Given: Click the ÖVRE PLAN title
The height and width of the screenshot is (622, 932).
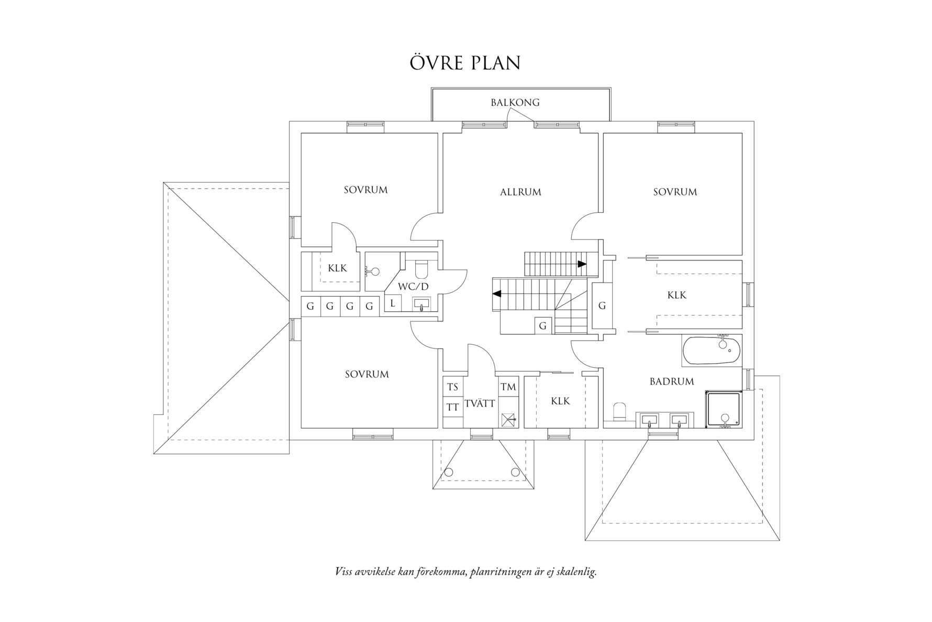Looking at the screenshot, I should pyautogui.click(x=465, y=62).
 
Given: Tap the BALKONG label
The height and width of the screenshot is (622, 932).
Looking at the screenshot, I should pyautogui.click(x=515, y=102).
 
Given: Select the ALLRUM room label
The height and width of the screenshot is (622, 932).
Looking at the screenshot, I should pyautogui.click(x=520, y=192).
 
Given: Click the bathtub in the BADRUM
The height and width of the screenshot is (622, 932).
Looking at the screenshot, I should pyautogui.click(x=712, y=351).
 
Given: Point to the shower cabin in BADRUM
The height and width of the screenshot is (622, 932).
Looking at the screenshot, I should pyautogui.click(x=723, y=409).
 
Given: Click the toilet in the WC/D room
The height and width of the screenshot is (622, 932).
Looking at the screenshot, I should pyautogui.click(x=421, y=269).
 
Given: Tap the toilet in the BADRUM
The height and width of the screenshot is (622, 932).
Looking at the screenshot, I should pyautogui.click(x=619, y=411).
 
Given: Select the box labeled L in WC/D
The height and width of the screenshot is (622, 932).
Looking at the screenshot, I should pyautogui.click(x=393, y=303).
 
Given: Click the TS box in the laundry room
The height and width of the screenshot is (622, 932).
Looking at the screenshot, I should pyautogui.click(x=453, y=387).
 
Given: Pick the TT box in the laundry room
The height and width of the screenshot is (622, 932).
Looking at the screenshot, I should pyautogui.click(x=453, y=407).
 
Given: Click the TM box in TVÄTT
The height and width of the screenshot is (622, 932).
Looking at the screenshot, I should pyautogui.click(x=508, y=387).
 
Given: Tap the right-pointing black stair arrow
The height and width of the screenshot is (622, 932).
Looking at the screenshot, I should pyautogui.click(x=582, y=264).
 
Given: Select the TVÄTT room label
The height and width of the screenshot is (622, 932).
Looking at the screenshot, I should pyautogui.click(x=480, y=404).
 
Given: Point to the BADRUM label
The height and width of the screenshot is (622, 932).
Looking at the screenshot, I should pyautogui.click(x=672, y=381).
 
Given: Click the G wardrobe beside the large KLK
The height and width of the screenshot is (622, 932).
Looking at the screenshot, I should pyautogui.click(x=602, y=305).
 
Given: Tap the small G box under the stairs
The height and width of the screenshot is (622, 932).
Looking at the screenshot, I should pyautogui.click(x=543, y=326).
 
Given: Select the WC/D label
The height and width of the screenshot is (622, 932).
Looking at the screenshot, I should pyautogui.click(x=413, y=287).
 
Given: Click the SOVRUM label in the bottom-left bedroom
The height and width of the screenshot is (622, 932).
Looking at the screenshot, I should pyautogui.click(x=367, y=374).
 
